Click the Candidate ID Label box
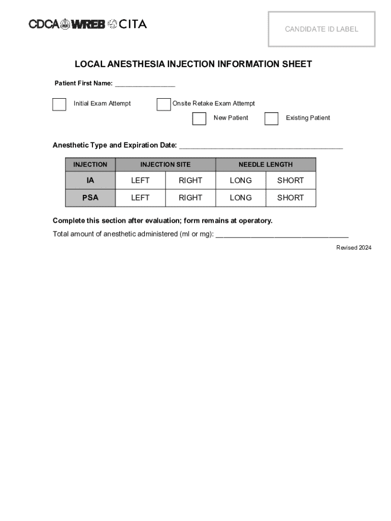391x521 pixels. pos(321,29)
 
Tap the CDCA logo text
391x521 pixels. pos(44,24)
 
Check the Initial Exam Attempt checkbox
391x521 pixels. pos(59,104)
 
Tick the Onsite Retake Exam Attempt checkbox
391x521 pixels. pos(164,104)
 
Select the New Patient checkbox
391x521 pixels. pos(199,119)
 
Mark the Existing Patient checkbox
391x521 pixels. pos(272,119)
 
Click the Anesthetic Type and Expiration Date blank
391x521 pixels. pos(261,147)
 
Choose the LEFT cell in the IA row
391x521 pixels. pos(140,181)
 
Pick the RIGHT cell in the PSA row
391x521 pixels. pos(190,198)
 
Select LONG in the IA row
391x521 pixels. pos(241,181)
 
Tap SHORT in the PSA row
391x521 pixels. pos(290,198)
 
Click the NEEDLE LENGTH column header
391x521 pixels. pos(266,164)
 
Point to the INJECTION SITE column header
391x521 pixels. pos(166,164)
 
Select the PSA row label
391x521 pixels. pos(90,198)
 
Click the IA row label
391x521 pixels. pos(90,181)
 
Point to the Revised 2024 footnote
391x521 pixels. pos(353,248)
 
